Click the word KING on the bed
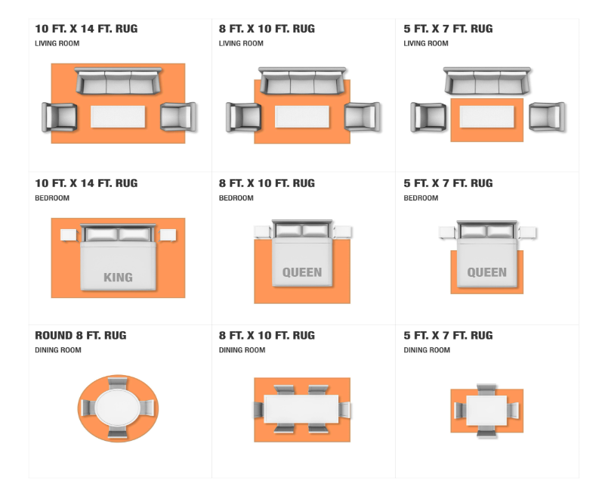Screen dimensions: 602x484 (119, 278)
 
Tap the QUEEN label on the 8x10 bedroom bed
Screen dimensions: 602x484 (302, 272)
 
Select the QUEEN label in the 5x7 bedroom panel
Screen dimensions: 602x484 (487, 272)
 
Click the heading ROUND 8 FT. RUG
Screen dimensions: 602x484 (81, 335)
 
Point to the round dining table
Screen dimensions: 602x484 (118, 408)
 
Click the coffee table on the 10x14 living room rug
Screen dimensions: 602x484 (118, 116)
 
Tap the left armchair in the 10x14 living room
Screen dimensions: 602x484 (59, 117)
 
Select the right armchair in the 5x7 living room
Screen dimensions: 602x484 (547, 116)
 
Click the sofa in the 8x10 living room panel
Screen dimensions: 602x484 (302, 81)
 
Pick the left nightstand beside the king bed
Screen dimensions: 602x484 (69, 235)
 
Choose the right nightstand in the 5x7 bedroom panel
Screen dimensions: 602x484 (527, 232)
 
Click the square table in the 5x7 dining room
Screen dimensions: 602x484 (487, 410)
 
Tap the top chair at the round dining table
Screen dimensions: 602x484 (118, 383)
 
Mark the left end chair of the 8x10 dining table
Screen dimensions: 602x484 (259, 410)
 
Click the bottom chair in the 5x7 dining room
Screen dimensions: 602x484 (486, 431)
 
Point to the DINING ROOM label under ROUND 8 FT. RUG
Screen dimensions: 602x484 (58, 350)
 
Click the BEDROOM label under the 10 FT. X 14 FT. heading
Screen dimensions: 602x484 (52, 198)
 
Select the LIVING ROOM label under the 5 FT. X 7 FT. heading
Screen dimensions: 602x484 (426, 43)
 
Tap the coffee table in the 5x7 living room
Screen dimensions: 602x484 (487, 116)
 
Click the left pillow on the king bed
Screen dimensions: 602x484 (102, 234)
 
